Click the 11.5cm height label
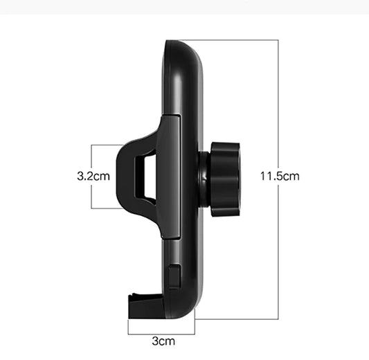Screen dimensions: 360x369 (x=280, y=176)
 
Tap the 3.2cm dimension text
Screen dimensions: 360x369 (x=93, y=176)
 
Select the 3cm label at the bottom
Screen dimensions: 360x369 (x=163, y=341)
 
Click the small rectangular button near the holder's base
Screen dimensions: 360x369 (x=174, y=276)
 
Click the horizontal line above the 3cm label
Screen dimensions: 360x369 (x=161, y=327)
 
